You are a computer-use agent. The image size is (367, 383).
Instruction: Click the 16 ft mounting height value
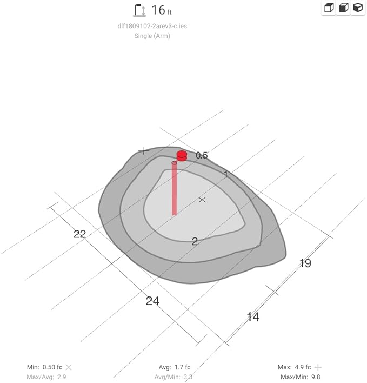(162, 10)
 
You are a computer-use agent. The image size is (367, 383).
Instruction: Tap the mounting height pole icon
(139, 10)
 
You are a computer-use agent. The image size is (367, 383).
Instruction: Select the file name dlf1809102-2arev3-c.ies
(152, 26)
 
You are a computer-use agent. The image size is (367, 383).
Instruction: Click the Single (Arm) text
(152, 36)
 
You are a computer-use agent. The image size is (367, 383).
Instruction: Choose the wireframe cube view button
(329, 8)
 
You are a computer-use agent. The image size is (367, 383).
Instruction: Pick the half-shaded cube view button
(343, 8)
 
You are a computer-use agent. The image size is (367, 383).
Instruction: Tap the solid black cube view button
(358, 8)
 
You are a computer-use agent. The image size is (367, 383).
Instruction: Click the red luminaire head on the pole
(182, 156)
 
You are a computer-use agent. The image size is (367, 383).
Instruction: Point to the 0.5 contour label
(202, 155)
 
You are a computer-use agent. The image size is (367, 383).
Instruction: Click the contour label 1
(226, 174)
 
